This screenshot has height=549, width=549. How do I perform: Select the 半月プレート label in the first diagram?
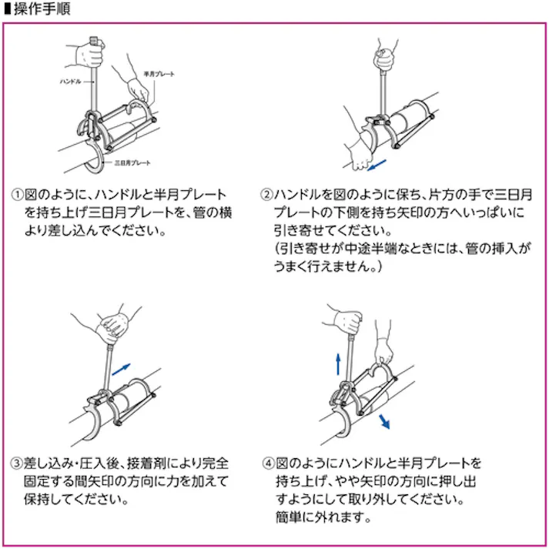pyautogui.click(x=160, y=74)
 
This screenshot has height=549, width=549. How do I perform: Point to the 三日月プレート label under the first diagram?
pyautogui.click(x=132, y=163)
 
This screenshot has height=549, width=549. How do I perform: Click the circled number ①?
pyautogui.click(x=17, y=195)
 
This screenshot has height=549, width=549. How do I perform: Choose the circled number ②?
pyautogui.click(x=266, y=195)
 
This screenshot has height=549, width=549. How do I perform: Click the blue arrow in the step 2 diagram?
pyautogui.click(x=377, y=164)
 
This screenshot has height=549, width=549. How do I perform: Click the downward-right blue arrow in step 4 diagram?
pyautogui.click(x=383, y=420)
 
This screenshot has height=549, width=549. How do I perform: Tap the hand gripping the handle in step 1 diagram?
pyautogui.click(x=91, y=54)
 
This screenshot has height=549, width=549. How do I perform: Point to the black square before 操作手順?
pyautogui.click(x=7, y=8)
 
